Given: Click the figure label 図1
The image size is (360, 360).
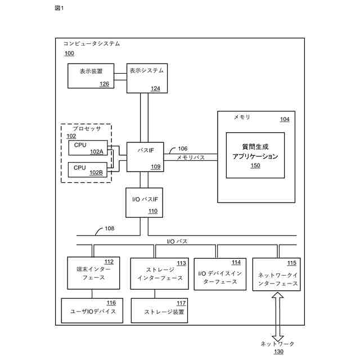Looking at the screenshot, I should (x=59, y=8).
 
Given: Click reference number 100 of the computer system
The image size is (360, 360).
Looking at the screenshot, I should (x=69, y=53).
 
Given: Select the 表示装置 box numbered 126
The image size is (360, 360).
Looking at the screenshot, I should (x=90, y=76).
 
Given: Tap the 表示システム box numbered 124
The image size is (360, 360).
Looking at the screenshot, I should (x=147, y=78).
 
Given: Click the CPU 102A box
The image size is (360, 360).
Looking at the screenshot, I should (x=87, y=148).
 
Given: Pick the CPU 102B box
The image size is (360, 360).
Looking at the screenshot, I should (x=87, y=169).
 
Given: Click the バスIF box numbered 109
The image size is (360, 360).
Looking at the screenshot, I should (x=145, y=156).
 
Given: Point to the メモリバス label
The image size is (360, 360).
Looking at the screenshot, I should (x=191, y=159).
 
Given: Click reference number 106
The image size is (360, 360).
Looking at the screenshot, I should (x=183, y=148).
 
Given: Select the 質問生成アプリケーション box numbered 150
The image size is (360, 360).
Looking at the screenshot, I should (x=255, y=155).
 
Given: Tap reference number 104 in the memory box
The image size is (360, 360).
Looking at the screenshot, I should (x=285, y=119).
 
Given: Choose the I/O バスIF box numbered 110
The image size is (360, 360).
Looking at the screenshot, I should (x=144, y=202).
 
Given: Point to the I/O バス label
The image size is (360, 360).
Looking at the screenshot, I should (x=177, y=241).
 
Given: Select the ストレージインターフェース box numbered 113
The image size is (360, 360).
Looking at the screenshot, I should (x=159, y=274).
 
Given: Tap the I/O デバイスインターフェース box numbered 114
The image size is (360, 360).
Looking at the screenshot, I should (x=220, y=274).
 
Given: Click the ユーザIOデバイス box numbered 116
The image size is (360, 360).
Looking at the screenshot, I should (x=92, y=310).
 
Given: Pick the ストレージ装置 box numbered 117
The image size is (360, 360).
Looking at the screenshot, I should (x=159, y=310).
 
